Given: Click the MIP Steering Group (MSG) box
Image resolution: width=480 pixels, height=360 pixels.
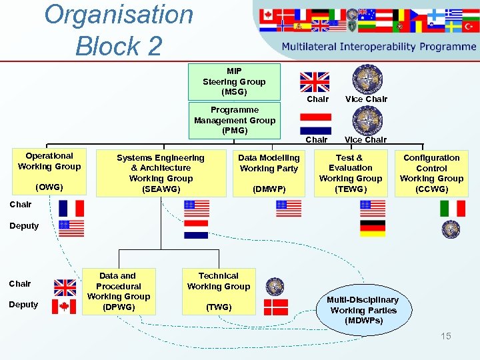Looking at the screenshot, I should [234, 81].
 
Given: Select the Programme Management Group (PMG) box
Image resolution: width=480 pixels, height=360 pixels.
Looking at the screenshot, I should [234, 120].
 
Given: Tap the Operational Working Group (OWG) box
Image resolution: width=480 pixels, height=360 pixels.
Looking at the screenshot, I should [49, 171].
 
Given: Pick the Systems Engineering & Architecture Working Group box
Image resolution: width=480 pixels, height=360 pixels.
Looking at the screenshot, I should [161, 173].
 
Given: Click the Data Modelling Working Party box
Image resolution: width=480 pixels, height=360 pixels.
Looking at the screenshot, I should [269, 173].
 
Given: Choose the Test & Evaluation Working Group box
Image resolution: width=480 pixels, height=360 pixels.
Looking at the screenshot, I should [351, 173].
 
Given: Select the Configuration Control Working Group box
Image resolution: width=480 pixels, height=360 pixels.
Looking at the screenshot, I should [431, 173].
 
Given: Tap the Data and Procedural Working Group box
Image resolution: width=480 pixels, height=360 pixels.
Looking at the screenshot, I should [118, 291].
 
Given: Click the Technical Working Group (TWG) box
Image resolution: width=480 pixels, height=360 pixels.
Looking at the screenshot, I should [219, 291].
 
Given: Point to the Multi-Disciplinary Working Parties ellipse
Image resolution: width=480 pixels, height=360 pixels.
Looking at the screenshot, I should [363, 310].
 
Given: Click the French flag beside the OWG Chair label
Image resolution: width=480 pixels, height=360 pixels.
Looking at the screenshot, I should [71, 208].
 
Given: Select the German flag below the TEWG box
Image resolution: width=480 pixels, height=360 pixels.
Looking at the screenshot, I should [373, 229].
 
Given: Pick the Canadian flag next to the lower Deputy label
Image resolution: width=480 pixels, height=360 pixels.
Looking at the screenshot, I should [65, 306].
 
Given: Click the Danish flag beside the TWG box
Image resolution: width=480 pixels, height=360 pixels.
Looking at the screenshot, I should [276, 307].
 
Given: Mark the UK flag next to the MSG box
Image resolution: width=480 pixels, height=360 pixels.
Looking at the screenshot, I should [314, 81].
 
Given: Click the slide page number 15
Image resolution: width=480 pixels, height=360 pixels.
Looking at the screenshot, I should [445, 336].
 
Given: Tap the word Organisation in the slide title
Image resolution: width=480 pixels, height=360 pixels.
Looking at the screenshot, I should [119, 15].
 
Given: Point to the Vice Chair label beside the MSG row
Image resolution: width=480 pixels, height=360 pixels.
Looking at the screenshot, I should [366, 99].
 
